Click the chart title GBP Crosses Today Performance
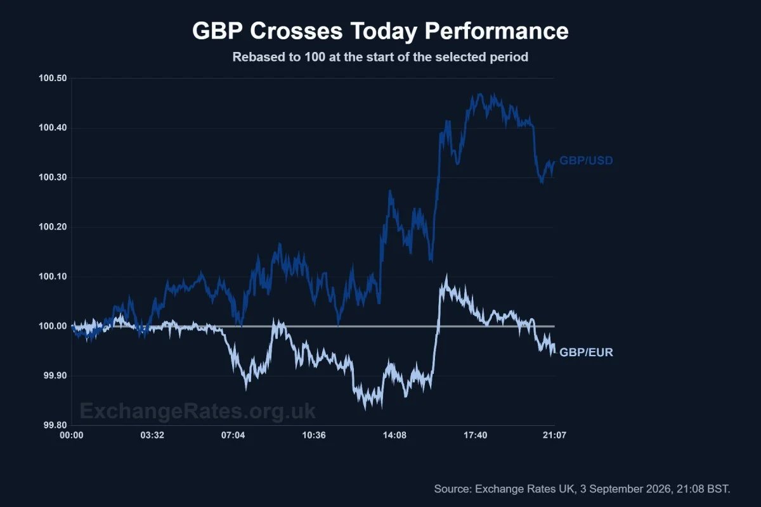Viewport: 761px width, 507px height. [x=380, y=31]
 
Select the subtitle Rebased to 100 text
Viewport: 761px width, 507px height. [x=380, y=57]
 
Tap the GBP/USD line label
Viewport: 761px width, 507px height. [x=586, y=160]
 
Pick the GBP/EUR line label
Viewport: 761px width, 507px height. [x=586, y=352]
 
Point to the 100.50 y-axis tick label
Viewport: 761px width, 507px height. [x=53, y=79]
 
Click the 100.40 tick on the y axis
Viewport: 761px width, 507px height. [x=53, y=128]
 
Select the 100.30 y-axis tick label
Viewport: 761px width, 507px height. [x=53, y=177]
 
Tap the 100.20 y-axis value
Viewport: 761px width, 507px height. [x=53, y=227]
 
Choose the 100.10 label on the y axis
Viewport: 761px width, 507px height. [x=53, y=277]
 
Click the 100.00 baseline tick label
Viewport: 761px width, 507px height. [x=53, y=326]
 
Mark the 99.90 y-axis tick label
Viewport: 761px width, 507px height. [x=55, y=376]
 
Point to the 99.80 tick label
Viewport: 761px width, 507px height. [x=55, y=425]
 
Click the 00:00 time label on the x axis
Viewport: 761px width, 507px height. [x=71, y=435]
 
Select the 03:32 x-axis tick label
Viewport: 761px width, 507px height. [x=152, y=435]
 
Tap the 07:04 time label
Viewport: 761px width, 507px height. [x=233, y=435]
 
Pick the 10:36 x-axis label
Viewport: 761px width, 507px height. [x=314, y=435]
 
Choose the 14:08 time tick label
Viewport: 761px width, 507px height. [x=394, y=435]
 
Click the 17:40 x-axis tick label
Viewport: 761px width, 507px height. [x=476, y=435]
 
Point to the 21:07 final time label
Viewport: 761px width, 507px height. [x=554, y=435]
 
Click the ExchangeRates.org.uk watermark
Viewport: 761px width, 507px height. [x=198, y=411]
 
